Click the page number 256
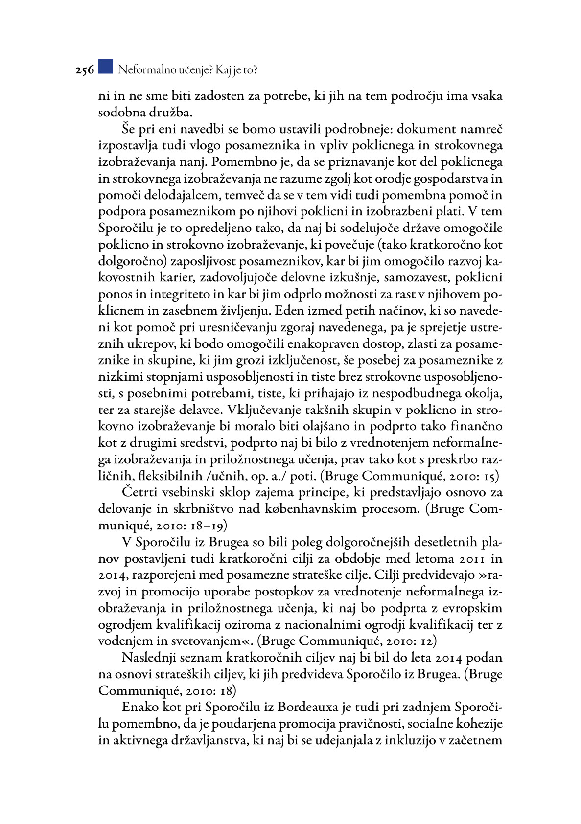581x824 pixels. click(x=84, y=70)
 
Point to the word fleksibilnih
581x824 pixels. click(x=171, y=476)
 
